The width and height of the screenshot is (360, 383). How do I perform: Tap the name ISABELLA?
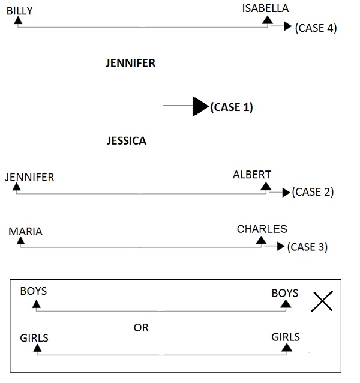(265, 8)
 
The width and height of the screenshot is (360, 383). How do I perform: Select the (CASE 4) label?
(316, 28)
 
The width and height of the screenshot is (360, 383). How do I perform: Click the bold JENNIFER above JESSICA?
(130, 63)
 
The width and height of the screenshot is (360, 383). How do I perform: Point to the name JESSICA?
(126, 141)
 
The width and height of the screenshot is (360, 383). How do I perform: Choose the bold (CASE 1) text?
(232, 107)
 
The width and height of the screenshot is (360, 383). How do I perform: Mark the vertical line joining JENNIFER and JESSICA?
(128, 102)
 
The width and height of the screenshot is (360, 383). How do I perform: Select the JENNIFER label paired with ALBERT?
(29, 177)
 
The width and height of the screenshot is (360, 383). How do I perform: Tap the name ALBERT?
(252, 175)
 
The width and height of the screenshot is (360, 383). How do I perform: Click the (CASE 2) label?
(313, 192)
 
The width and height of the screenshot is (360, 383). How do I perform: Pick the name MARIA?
(25, 231)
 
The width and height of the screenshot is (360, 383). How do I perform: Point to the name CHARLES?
(262, 229)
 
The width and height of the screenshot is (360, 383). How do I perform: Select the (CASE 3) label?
(307, 247)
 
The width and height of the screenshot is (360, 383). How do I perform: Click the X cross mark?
(322, 301)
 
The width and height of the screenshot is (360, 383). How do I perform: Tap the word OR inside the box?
(141, 328)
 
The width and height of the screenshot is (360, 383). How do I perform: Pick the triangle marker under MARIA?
(20, 241)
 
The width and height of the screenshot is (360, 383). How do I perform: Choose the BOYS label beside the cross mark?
(285, 293)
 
